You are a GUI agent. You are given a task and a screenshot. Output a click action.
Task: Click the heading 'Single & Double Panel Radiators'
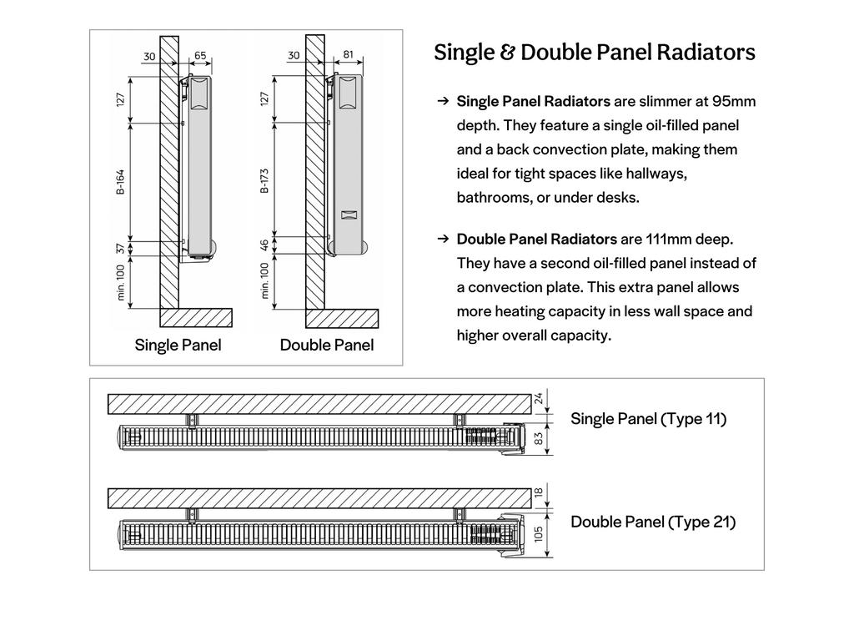[594, 53]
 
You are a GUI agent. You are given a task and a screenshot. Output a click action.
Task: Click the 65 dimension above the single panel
[200, 56]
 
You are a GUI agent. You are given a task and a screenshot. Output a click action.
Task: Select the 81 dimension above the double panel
[348, 56]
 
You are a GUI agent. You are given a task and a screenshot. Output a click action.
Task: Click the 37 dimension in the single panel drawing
[120, 248]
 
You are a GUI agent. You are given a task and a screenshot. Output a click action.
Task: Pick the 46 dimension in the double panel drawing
[265, 245]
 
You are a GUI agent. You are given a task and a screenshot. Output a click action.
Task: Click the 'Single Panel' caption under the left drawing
[178, 345]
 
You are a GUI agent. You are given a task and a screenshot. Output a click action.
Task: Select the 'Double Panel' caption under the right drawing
[327, 345]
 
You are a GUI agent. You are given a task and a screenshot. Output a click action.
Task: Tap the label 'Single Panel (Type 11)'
[648, 419]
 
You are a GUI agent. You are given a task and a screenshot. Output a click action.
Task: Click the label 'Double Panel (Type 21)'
[653, 522]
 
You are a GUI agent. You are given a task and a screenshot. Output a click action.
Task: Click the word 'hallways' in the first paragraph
[657, 174]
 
